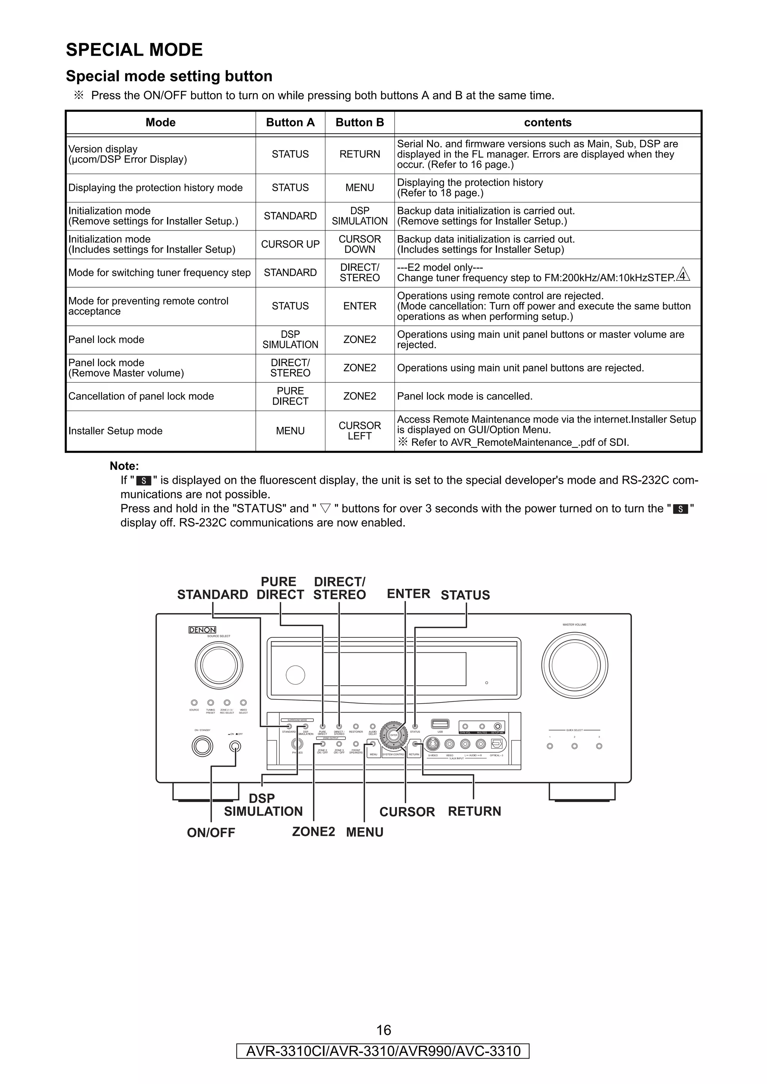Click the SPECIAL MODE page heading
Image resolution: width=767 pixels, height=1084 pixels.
point(134,50)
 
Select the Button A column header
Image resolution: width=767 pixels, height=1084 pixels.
point(290,123)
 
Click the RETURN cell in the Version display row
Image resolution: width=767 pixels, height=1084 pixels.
point(360,154)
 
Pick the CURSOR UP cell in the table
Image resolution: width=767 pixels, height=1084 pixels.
point(290,245)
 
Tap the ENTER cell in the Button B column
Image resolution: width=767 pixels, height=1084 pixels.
point(360,306)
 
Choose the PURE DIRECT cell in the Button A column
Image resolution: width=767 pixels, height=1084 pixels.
point(290,396)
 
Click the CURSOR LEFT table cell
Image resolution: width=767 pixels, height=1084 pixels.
point(360,431)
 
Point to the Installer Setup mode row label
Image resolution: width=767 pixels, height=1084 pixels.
point(115,431)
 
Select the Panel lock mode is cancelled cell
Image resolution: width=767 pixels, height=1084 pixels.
point(464,396)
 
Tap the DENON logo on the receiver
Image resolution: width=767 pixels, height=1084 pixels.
point(202,630)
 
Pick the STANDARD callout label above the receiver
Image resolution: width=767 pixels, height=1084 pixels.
point(213,595)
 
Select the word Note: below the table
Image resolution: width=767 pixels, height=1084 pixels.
point(124,466)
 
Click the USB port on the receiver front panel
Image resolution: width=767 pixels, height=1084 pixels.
point(440,724)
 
